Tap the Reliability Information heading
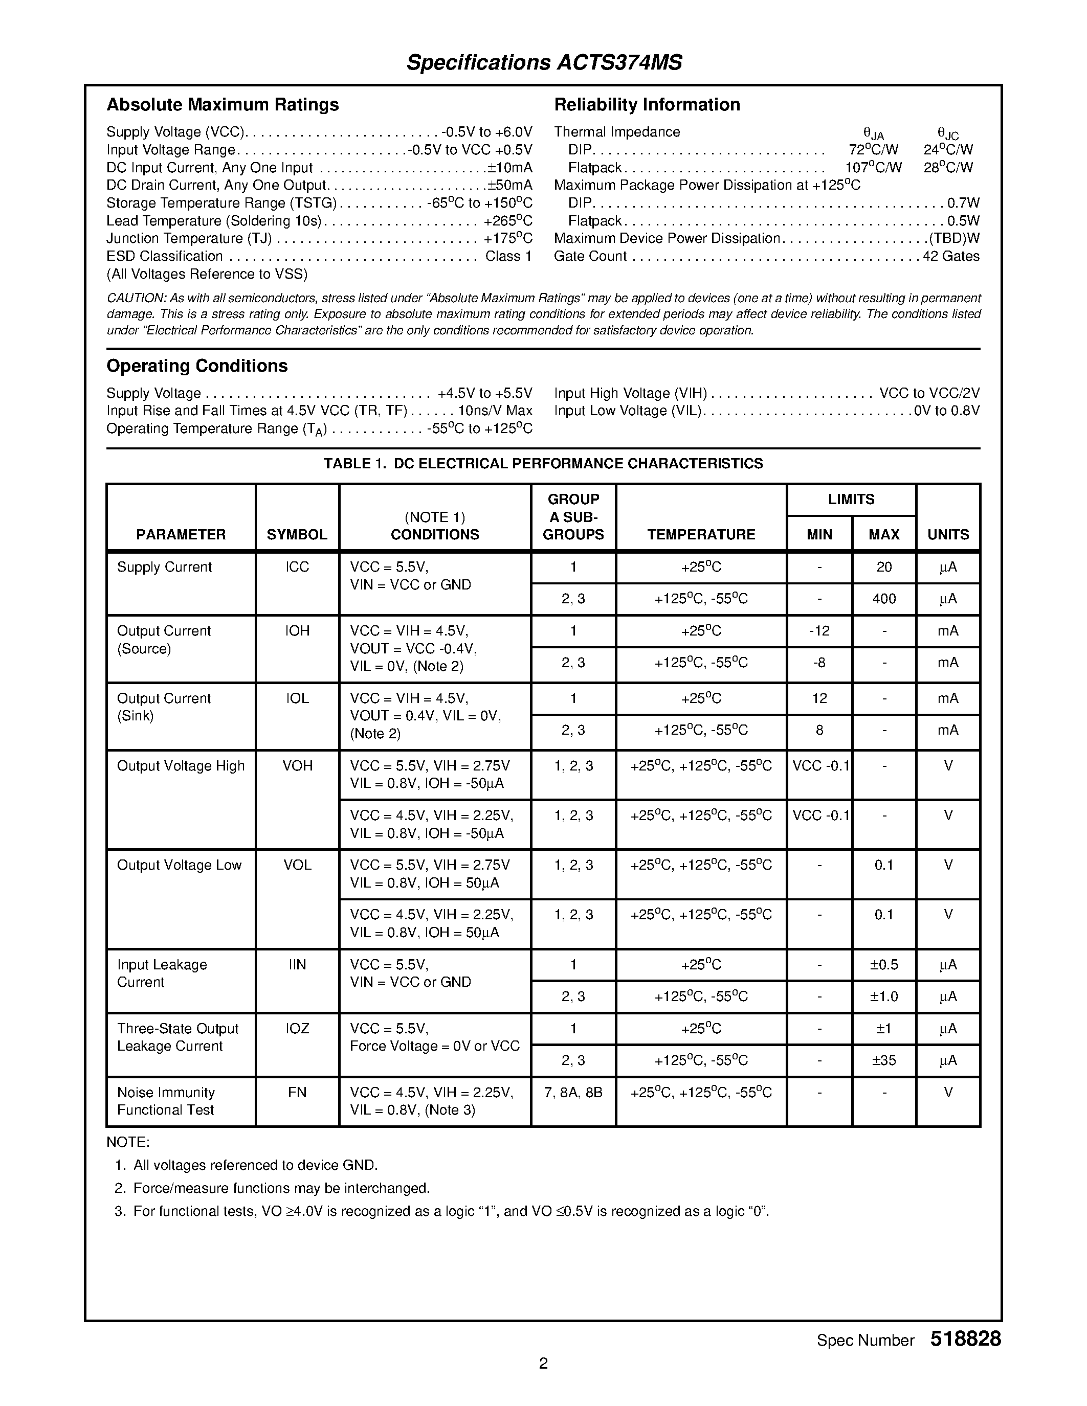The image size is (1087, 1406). click(647, 104)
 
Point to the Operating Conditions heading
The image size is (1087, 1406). click(196, 366)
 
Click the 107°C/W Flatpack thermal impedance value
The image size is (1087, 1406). click(873, 167)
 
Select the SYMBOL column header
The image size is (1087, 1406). click(297, 534)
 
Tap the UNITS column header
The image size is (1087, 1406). click(948, 534)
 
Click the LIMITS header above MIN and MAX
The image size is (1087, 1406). click(851, 500)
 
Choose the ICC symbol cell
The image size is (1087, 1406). click(297, 567)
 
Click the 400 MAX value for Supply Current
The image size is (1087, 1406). click(883, 599)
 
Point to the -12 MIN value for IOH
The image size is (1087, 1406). click(819, 631)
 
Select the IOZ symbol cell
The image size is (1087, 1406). click(297, 1029)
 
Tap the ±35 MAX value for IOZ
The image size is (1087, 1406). click(883, 1060)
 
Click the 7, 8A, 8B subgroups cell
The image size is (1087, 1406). click(573, 1093)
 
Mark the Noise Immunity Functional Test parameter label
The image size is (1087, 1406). click(166, 1101)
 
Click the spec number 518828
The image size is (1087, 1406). click(965, 1339)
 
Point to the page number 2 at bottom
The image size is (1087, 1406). click(543, 1363)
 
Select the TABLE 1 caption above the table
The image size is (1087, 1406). click(543, 464)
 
